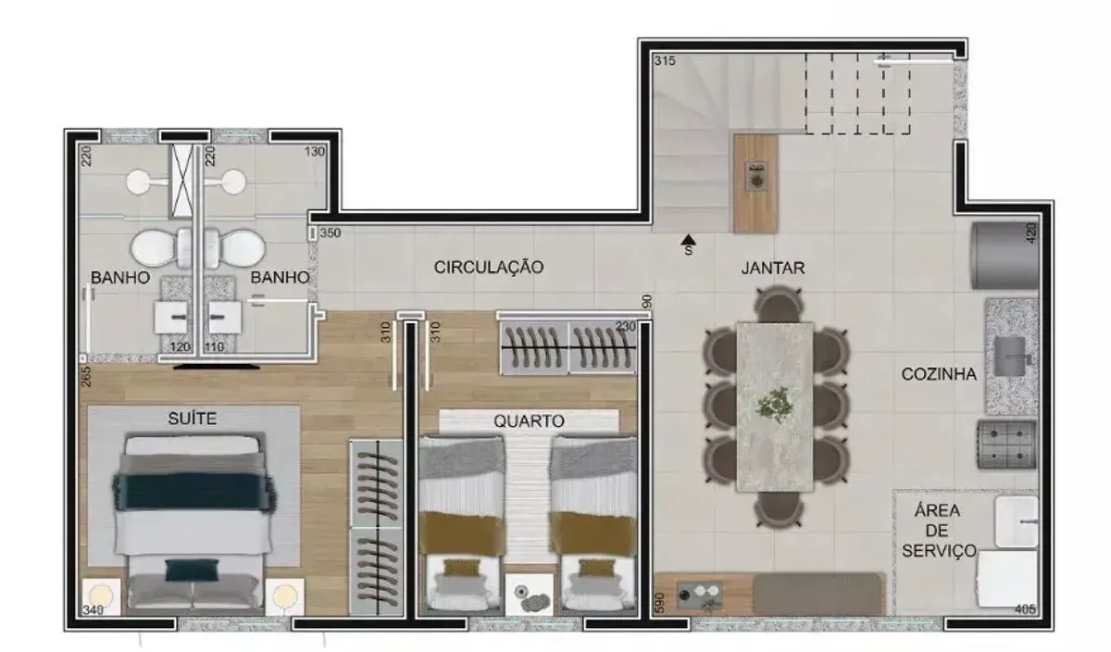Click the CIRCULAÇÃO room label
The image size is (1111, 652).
pos(489,267)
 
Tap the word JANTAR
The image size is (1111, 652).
pos(773,268)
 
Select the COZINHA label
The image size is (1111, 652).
pos(939,374)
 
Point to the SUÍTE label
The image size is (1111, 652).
pos(192,419)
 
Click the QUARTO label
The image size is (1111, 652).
pos(529,421)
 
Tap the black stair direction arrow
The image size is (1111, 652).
pos(689,240)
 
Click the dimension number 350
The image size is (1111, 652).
pos(331,232)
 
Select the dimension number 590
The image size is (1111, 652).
pos(659,603)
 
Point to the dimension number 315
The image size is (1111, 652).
pos(665,60)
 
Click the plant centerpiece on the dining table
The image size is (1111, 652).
pos(774,406)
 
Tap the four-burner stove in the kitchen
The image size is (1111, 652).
pos(1006,445)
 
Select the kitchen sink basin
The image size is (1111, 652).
pos(1010,357)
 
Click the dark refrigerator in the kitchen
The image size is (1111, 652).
pos(1005,256)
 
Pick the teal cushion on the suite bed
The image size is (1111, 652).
pos(192,570)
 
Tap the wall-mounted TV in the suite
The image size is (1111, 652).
pos(217,367)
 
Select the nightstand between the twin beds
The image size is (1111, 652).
pos(529,595)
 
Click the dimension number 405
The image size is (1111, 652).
pos(1025,608)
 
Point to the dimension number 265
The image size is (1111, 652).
pos(86,376)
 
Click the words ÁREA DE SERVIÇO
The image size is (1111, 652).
pos(939,531)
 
